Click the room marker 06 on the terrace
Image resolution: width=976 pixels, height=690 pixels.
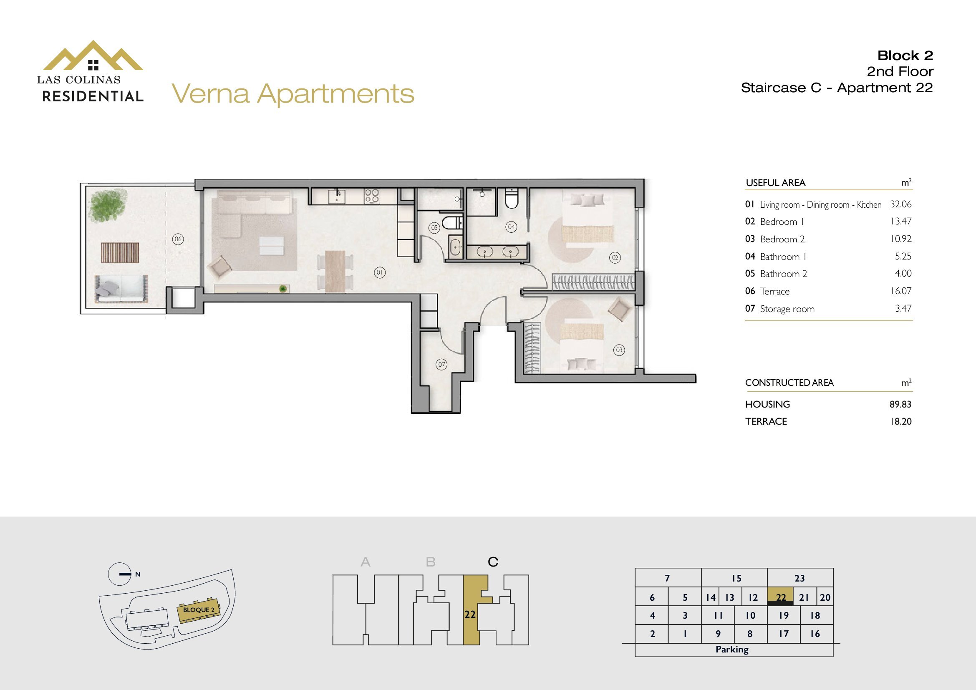pos(178,239)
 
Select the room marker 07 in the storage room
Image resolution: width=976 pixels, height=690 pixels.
pos(441,364)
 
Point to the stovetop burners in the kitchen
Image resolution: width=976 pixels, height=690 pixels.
pos(371,196)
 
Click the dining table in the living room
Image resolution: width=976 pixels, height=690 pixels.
pos(335,272)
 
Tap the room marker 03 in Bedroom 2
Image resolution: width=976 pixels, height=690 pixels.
pos(619,350)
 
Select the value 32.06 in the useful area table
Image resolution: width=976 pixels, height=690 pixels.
pos(901,204)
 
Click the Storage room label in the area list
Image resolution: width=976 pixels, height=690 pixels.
pos(787,309)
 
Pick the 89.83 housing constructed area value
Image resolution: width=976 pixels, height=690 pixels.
pos(901,404)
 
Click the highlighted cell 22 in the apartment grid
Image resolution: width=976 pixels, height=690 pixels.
pos(780,597)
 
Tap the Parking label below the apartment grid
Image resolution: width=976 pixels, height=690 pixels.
pos(732,649)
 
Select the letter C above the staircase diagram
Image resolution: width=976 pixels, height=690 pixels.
pos(493,562)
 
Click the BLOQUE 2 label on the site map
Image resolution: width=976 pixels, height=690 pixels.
pos(199,610)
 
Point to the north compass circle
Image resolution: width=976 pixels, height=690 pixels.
pos(119,574)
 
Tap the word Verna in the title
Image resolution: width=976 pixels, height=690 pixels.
pos(210,93)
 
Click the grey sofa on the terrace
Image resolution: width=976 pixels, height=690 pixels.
pos(121,288)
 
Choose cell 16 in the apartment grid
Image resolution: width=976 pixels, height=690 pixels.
pos(815,634)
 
